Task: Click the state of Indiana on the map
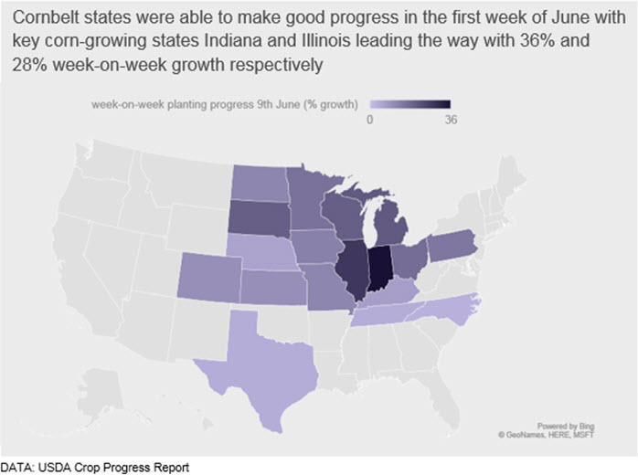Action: (380, 269)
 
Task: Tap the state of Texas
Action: (261, 366)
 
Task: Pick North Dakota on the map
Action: (261, 183)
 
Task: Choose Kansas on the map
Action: (273, 287)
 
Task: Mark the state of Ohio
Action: (409, 260)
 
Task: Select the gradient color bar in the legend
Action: (410, 104)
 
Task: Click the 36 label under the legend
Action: (451, 120)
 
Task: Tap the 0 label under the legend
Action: (369, 120)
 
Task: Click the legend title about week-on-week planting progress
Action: (225, 104)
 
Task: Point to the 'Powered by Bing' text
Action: (566, 427)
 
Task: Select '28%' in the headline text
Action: (29, 65)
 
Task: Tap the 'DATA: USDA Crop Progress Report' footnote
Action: (95, 468)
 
